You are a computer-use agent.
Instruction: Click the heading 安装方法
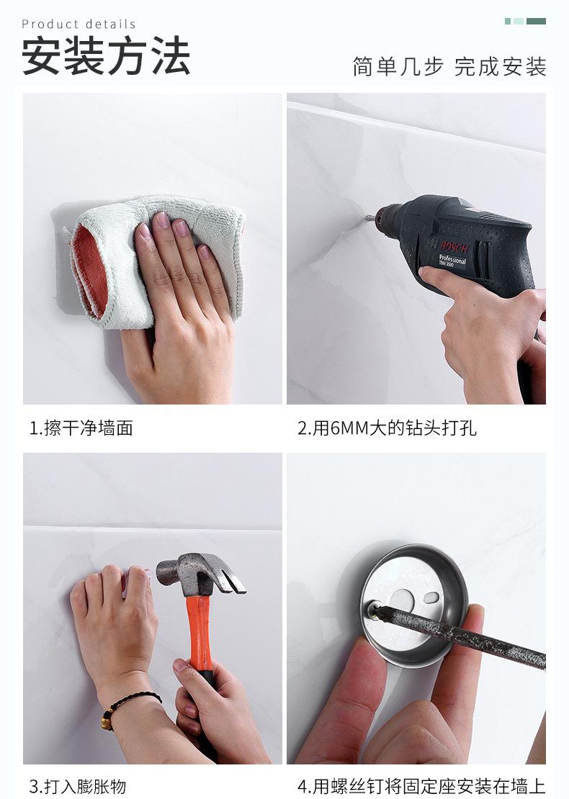[x=106, y=57]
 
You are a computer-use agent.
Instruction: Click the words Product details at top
[x=79, y=24]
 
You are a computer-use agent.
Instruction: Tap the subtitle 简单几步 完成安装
[x=449, y=66]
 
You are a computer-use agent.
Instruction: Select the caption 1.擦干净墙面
[x=81, y=428]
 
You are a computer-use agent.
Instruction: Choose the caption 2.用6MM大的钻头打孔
[x=387, y=428]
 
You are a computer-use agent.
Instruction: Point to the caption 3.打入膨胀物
[x=78, y=786]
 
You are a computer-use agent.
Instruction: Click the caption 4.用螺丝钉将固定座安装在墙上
[x=421, y=786]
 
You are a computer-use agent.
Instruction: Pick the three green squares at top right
[x=525, y=22]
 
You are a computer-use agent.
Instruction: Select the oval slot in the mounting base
[x=431, y=597]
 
